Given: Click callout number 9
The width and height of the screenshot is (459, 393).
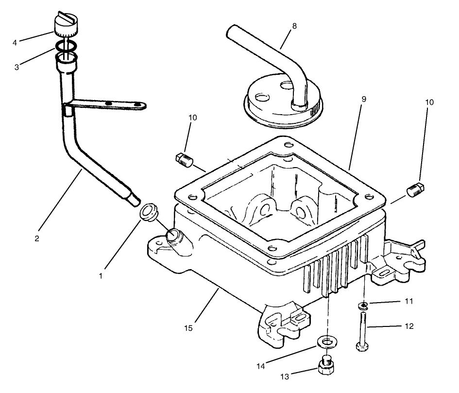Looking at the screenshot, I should tap(363, 99).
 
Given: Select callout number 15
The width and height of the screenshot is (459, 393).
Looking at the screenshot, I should tap(188, 328).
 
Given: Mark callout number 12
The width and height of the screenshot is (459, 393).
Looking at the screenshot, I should tap(409, 326).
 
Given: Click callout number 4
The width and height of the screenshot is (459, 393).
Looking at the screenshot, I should tap(15, 43).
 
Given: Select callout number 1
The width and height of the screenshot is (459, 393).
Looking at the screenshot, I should tap(101, 276).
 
